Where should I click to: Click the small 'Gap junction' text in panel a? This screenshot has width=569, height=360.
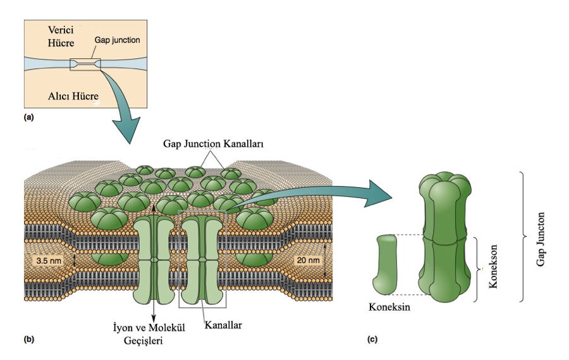click(117, 39)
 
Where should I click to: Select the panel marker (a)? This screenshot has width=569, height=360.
click(28, 118)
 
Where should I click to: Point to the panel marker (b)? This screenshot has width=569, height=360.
click(28, 340)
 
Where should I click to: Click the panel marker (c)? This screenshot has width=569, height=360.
click(373, 340)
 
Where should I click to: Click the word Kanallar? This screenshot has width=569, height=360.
click(223, 328)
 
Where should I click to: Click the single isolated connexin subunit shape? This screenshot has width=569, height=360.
click(388, 264)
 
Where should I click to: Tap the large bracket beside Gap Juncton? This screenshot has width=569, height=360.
click(521, 235)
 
